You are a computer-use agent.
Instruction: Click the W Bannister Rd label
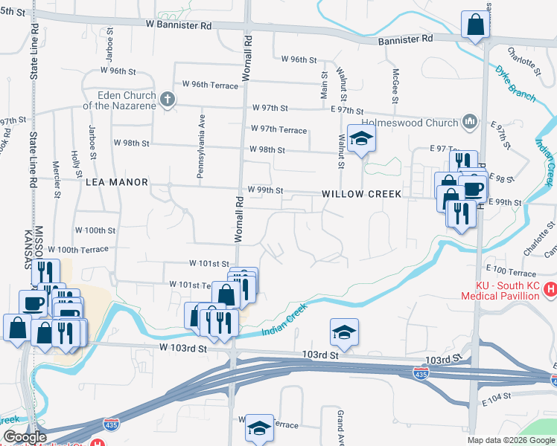click(179, 25)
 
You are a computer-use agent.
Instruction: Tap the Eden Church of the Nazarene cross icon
click(168, 100)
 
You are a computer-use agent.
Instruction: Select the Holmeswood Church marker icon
click(470, 121)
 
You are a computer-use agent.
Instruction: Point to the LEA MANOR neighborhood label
click(118, 181)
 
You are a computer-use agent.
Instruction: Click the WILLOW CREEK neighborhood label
click(362, 193)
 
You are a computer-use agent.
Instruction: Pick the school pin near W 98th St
click(361, 139)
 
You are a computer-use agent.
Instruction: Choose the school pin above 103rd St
click(344, 332)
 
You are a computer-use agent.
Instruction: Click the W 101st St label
click(209, 263)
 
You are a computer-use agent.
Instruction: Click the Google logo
click(25, 437)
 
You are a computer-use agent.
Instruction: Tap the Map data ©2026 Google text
click(511, 440)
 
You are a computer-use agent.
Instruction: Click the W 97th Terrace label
click(278, 130)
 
